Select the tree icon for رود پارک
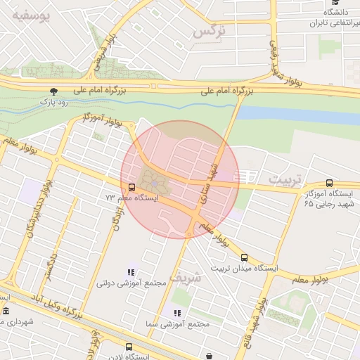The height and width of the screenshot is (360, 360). pos(53,91)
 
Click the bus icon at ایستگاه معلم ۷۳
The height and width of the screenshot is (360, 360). pos(131,187)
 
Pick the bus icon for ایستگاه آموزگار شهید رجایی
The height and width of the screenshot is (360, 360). pos(330,183)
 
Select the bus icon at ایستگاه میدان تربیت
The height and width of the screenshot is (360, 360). pos(244,257)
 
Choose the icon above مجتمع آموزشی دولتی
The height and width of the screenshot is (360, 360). pos(131,272)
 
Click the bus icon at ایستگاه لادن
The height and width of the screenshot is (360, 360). pos(129,347)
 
